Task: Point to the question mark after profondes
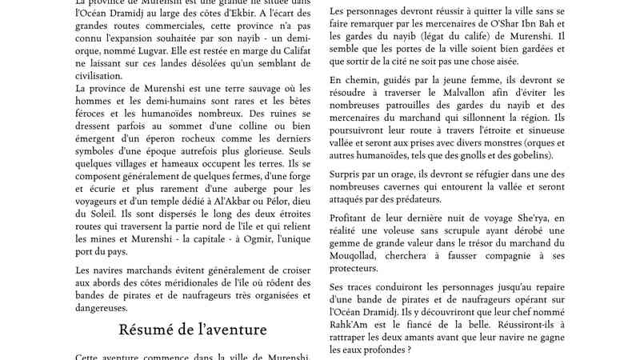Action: coord(410,349)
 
